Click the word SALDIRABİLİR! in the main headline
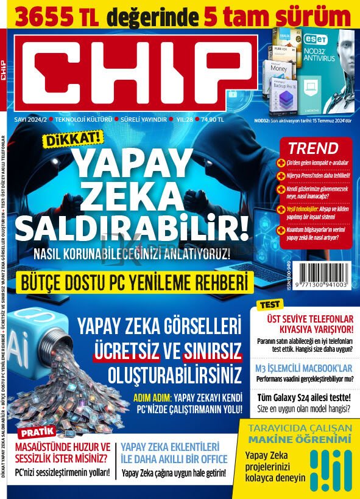click(132, 228)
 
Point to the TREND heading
click(313, 148)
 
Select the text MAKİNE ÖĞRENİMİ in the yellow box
click(299, 439)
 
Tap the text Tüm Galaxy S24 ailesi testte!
click(303, 397)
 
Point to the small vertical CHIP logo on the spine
click(4, 67)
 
